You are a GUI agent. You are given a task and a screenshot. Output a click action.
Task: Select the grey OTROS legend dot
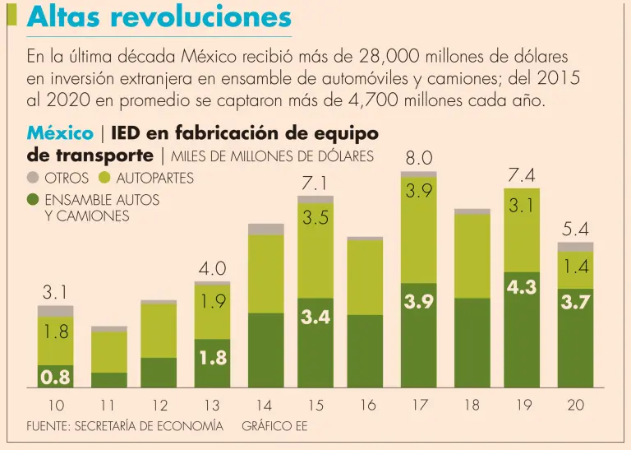[x=33, y=178]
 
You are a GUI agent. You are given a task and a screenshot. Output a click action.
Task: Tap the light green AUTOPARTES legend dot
[x=104, y=178]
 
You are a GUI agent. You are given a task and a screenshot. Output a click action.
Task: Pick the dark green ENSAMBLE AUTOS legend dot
[x=33, y=200]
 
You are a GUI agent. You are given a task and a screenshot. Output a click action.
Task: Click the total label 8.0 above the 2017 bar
[x=419, y=156]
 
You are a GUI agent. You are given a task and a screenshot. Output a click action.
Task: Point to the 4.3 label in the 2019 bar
[x=522, y=288]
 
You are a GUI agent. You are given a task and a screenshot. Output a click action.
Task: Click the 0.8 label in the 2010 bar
[x=55, y=378]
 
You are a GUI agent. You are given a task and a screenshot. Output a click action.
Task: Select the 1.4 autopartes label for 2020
[x=575, y=267]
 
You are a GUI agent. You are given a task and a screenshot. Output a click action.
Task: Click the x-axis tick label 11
[x=108, y=406]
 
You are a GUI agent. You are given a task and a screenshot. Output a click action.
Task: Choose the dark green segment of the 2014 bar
[x=265, y=350]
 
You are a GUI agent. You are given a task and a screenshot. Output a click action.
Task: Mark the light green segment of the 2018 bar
[x=471, y=256]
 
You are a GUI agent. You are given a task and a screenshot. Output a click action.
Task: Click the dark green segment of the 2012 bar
[x=159, y=372]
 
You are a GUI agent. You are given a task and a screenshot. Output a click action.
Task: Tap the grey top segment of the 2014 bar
[x=265, y=229]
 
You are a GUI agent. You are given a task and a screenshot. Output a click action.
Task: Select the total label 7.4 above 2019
[x=522, y=174]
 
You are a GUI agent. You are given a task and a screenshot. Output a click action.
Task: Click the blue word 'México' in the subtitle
[x=60, y=133]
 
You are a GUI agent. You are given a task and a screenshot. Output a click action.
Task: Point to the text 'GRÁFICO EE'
[x=274, y=426]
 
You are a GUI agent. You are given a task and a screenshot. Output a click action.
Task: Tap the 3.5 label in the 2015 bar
[x=315, y=218]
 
